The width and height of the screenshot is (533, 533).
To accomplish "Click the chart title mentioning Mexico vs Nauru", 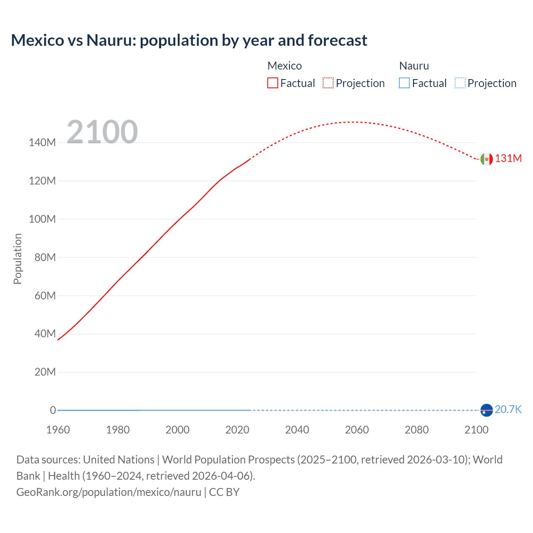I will pyautogui.click(x=189, y=40).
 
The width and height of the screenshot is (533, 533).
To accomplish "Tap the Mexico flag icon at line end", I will pyautogui.click(x=486, y=159).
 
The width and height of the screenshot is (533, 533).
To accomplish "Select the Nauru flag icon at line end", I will pyautogui.click(x=486, y=410).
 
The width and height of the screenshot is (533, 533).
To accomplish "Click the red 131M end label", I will pyautogui.click(x=508, y=159).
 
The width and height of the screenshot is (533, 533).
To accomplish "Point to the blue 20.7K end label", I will pyautogui.click(x=508, y=410).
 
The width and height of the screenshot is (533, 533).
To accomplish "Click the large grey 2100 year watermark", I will pyautogui.click(x=102, y=132).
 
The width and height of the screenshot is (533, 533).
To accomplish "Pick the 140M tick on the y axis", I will pyautogui.click(x=42, y=143).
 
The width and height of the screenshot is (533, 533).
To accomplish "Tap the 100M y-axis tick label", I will pyautogui.click(x=42, y=219).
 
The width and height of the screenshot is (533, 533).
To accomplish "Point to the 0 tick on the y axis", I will pyautogui.click(x=53, y=411).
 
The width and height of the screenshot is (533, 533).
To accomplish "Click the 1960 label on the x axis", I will pyautogui.click(x=58, y=430).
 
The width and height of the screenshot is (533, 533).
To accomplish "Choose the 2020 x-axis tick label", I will pyautogui.click(x=237, y=430).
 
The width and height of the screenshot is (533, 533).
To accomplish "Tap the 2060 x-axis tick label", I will pyautogui.click(x=357, y=430).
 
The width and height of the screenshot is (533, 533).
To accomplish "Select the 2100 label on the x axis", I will pyautogui.click(x=476, y=430).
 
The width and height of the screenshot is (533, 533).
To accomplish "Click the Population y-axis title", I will pyautogui.click(x=17, y=259).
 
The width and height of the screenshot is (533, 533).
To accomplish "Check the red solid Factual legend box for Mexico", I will pyautogui.click(x=273, y=83).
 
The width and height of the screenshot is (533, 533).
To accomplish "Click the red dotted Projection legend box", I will pyautogui.click(x=328, y=83).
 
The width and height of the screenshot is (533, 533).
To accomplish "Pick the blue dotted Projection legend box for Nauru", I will pyautogui.click(x=460, y=83).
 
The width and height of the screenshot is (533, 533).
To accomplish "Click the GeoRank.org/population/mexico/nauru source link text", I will pyautogui.click(x=109, y=492).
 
